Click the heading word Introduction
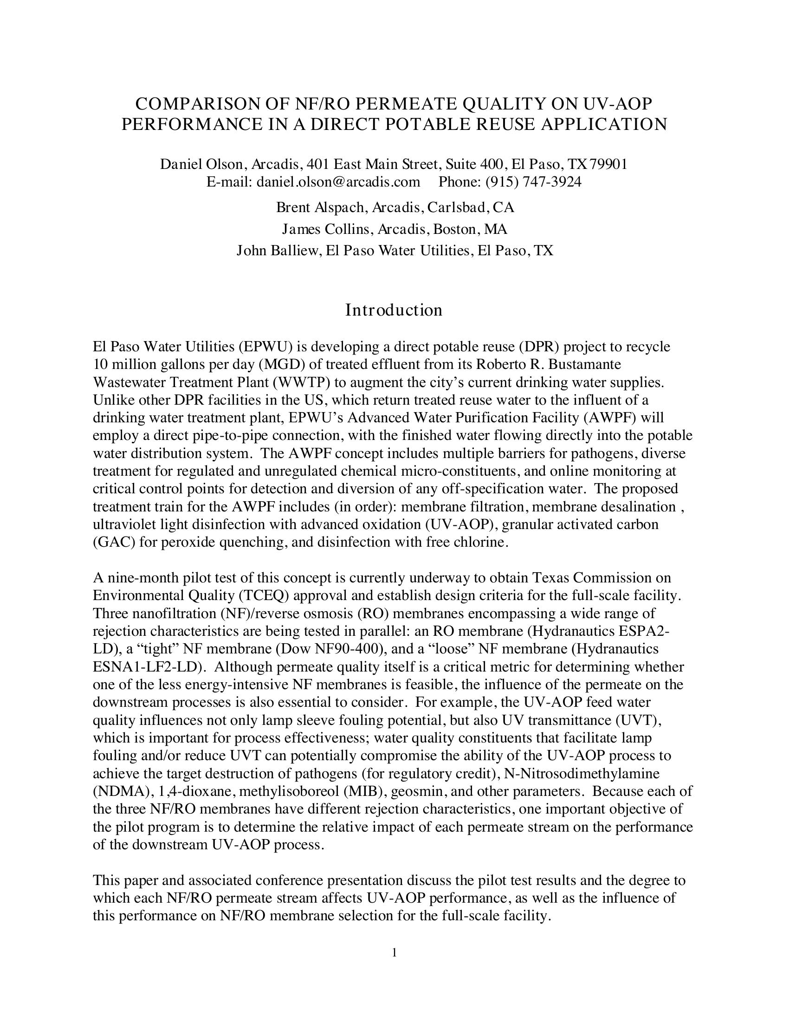[394, 310]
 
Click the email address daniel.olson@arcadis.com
[338, 182]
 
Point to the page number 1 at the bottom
[394, 952]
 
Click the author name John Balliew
[278, 251]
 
